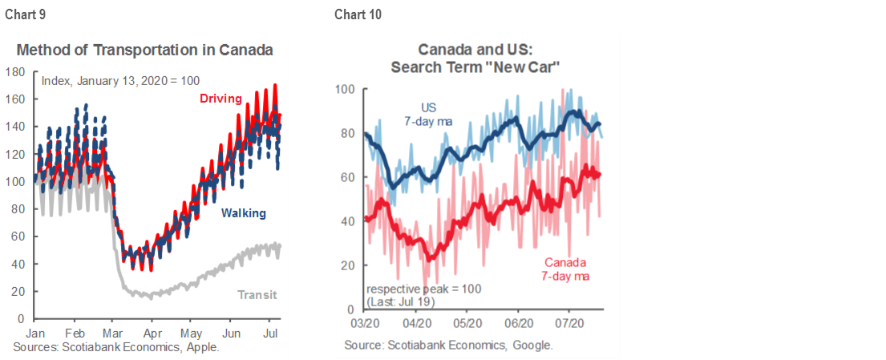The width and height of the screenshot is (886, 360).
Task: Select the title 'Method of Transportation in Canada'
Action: coord(145,50)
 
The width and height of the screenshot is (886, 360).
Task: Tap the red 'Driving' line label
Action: coord(220,99)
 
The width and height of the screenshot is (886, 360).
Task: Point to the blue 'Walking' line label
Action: coord(244,213)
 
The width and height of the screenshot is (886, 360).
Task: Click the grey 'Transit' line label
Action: coord(257,294)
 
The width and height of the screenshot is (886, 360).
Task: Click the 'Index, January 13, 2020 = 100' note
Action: coord(120,80)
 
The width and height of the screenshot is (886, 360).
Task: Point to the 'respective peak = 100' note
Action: coord(424,289)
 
